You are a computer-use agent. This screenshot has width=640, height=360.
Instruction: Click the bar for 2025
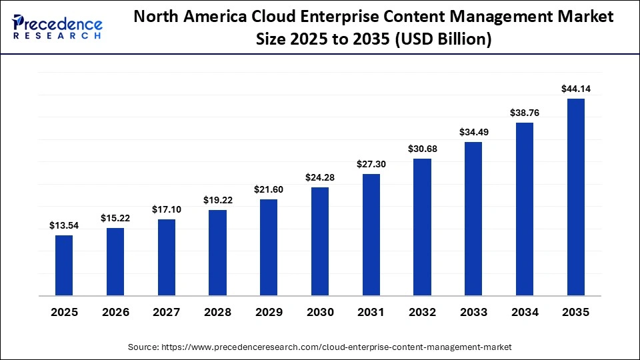coord(64,265)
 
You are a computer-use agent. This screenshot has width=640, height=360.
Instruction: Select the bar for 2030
coord(320,241)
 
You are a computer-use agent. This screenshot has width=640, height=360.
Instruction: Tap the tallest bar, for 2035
coord(576,197)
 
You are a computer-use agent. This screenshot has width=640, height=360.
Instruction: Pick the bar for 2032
coord(423,227)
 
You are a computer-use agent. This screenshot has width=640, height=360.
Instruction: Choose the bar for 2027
coord(167,257)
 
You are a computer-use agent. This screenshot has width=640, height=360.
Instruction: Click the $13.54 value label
coord(64,226)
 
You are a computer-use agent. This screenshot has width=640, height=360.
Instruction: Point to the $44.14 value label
coord(576,89)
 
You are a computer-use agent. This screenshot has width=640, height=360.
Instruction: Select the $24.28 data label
coord(320,177)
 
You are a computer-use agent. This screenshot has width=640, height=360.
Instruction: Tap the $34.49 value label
coord(473,132)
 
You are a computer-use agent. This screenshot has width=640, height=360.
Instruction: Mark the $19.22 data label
coord(218,200)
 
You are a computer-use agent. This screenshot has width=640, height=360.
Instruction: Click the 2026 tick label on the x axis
coord(115,312)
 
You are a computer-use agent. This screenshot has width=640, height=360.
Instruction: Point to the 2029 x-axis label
coord(269,312)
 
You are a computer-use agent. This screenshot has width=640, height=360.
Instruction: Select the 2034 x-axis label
coord(525,312)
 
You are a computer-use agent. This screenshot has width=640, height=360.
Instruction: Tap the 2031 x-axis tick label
coord(371,312)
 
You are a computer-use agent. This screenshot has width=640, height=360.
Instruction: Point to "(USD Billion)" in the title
coord(445,40)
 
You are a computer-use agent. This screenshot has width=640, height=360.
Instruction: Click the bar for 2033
coord(473,219)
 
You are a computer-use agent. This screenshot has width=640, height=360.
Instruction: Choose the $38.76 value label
coord(525,113)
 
